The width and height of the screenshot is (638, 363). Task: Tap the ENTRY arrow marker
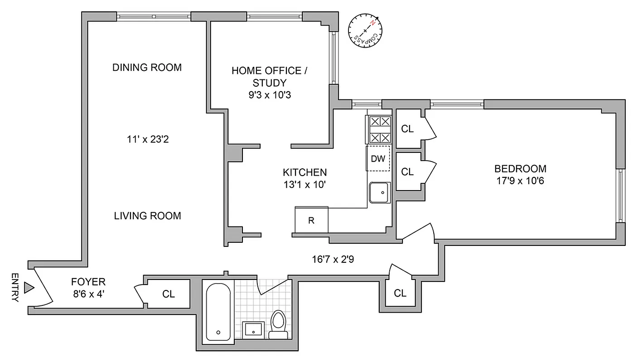(x=29, y=287)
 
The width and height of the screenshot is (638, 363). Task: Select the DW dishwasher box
(x=378, y=158)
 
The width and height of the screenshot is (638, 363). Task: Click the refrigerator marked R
(x=311, y=221)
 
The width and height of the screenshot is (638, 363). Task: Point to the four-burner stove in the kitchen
(x=378, y=129)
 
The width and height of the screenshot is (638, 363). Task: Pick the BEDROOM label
(x=520, y=169)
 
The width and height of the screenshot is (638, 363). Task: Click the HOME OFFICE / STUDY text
(x=266, y=77)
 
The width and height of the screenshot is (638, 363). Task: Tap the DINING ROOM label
(x=147, y=68)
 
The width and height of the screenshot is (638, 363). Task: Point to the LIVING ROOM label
(x=147, y=216)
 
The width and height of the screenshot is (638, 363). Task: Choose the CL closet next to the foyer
(x=169, y=294)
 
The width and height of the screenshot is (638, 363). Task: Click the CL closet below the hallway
(x=400, y=293)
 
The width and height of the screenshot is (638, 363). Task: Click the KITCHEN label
(x=304, y=172)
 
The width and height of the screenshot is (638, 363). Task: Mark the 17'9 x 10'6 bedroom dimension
(x=520, y=180)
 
